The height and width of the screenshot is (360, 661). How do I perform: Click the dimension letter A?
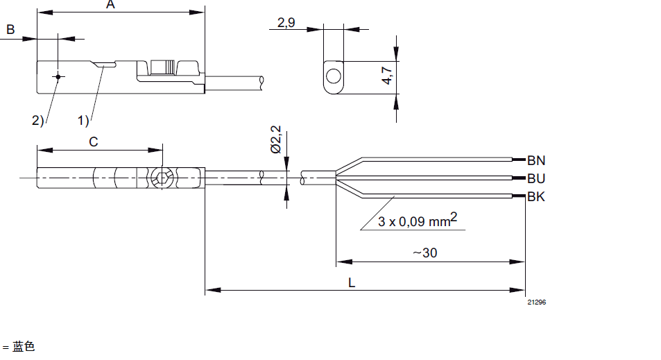point(110,4)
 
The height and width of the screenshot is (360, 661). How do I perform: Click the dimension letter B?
point(10,30)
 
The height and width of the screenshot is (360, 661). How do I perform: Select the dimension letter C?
point(94,142)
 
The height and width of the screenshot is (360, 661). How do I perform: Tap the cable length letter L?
point(352,282)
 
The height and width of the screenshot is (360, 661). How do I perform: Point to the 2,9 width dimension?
point(286,23)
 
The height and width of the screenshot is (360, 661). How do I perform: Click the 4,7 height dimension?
point(387,76)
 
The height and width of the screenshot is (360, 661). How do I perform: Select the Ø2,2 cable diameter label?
point(275,139)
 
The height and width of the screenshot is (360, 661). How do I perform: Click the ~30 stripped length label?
point(425,253)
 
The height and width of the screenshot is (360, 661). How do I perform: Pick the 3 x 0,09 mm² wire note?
point(418,220)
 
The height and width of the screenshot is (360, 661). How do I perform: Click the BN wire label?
point(536,161)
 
